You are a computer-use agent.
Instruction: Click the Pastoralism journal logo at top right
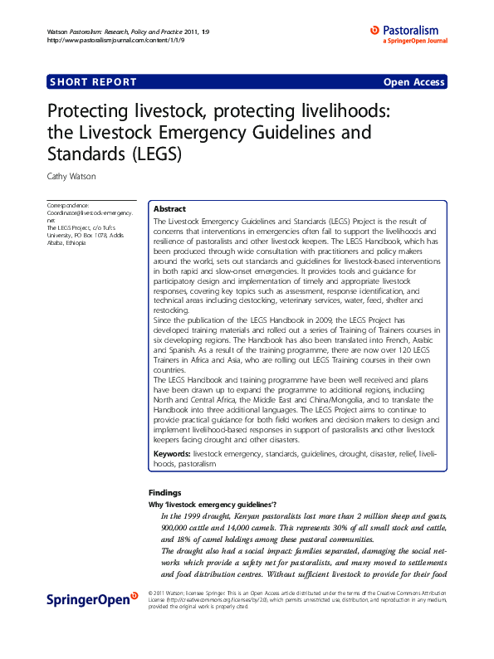click(x=408, y=33)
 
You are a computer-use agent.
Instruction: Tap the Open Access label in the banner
click(x=413, y=82)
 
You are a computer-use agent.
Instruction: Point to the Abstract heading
click(x=170, y=209)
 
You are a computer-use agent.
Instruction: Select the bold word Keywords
click(x=173, y=455)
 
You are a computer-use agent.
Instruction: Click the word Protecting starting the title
click(x=92, y=111)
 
